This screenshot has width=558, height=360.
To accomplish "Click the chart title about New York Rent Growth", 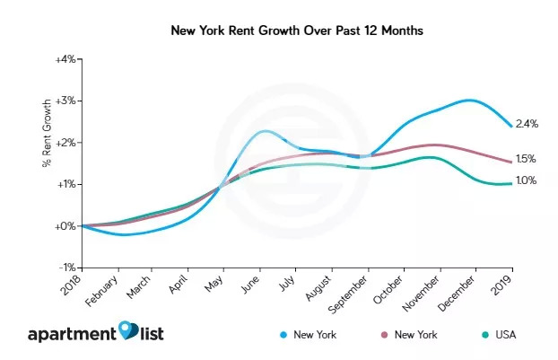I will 279,31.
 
